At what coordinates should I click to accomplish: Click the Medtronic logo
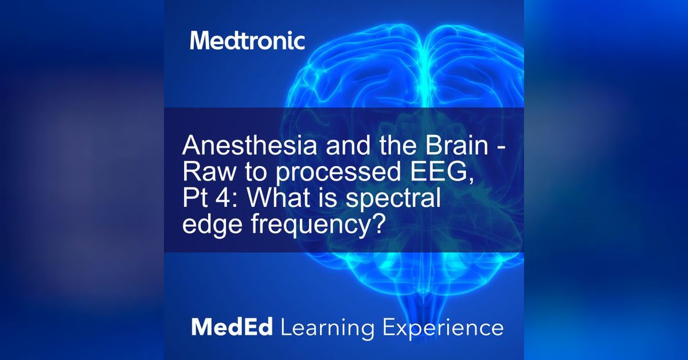[x=247, y=41]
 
